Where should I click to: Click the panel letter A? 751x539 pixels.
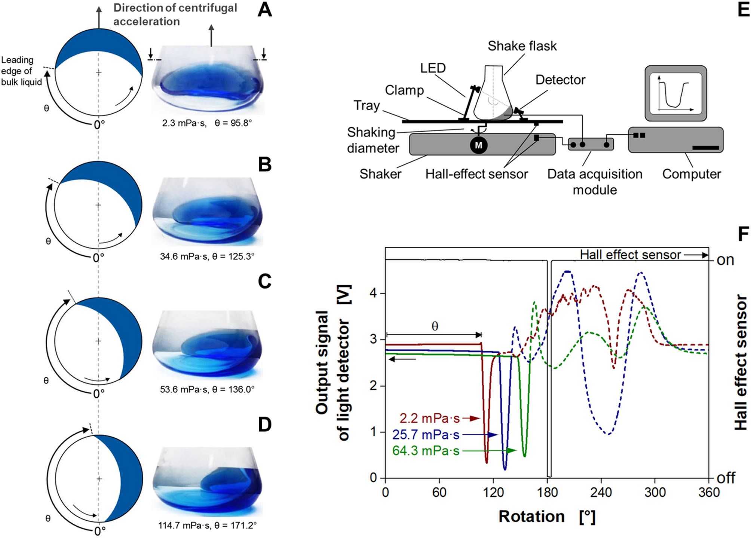265,10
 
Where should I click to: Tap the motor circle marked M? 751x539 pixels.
479,145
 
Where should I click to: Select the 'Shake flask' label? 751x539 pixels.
522,46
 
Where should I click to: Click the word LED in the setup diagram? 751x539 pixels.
433,68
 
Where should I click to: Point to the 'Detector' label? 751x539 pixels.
560,80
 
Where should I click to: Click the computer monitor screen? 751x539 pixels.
675,93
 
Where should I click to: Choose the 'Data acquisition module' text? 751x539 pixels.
595,182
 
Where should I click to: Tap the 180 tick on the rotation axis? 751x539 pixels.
547,492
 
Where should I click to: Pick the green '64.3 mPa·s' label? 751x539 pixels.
426,451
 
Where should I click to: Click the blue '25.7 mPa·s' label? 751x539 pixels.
426,435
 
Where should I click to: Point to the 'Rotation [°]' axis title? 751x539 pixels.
547,517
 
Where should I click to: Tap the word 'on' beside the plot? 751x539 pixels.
725,260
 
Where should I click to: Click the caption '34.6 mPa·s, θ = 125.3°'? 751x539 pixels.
207,256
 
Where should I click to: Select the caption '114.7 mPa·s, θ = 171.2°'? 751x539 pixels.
207,525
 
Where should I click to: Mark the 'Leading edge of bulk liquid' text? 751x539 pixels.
21,71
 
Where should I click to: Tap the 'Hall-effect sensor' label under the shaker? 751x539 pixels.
476,174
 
